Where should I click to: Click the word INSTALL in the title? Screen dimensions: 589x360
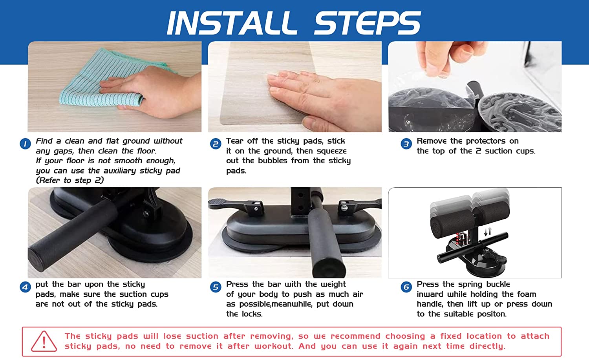click(x=231, y=23)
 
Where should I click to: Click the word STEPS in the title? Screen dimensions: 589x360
click(x=367, y=23)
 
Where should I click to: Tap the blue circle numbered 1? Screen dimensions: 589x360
click(x=25, y=144)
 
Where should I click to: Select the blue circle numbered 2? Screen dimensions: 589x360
click(x=216, y=144)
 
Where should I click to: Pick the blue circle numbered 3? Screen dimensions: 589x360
click(x=406, y=144)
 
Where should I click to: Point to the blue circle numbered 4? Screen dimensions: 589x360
click(x=25, y=287)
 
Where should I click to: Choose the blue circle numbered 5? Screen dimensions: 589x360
click(x=216, y=287)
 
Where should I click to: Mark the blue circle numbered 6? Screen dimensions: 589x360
click(x=406, y=287)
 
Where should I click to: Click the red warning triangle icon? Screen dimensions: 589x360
click(x=44, y=342)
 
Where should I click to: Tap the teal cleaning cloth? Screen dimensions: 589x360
click(x=105, y=79)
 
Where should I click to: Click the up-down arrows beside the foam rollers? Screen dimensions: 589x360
click(x=488, y=231)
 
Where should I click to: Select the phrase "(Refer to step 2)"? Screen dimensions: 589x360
click(x=70, y=181)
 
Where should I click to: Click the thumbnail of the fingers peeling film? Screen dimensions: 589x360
click(x=475, y=86)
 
